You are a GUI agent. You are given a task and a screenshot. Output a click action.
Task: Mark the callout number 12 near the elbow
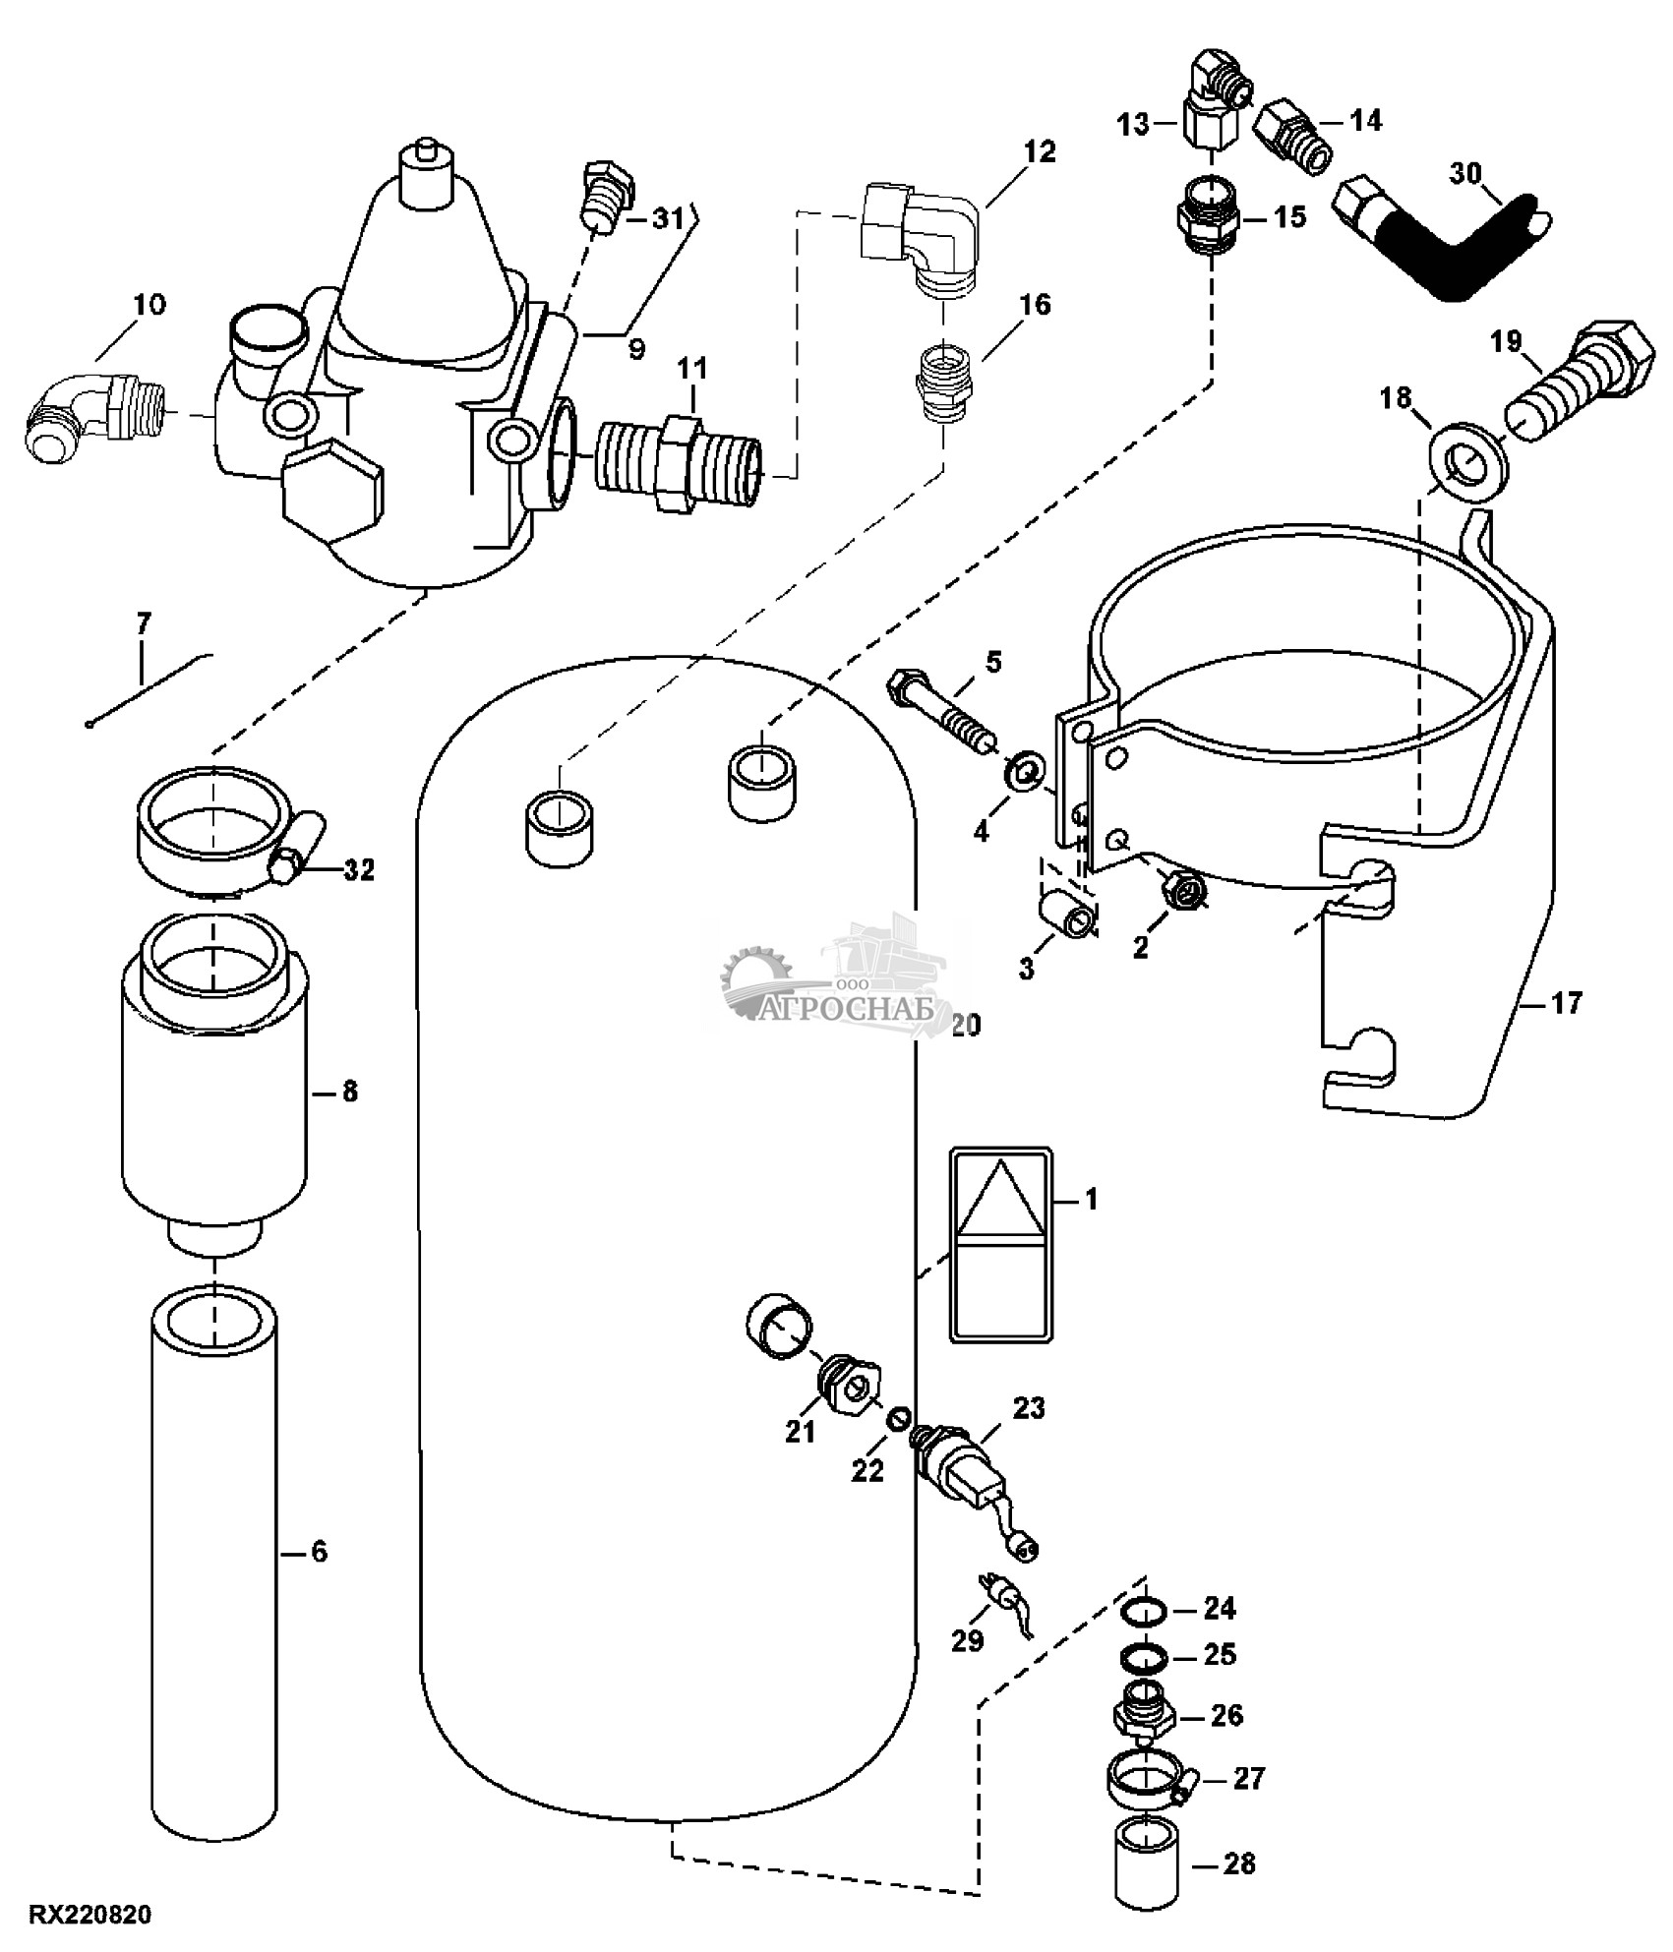point(1039,151)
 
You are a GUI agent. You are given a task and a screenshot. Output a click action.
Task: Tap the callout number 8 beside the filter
point(350,1091)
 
